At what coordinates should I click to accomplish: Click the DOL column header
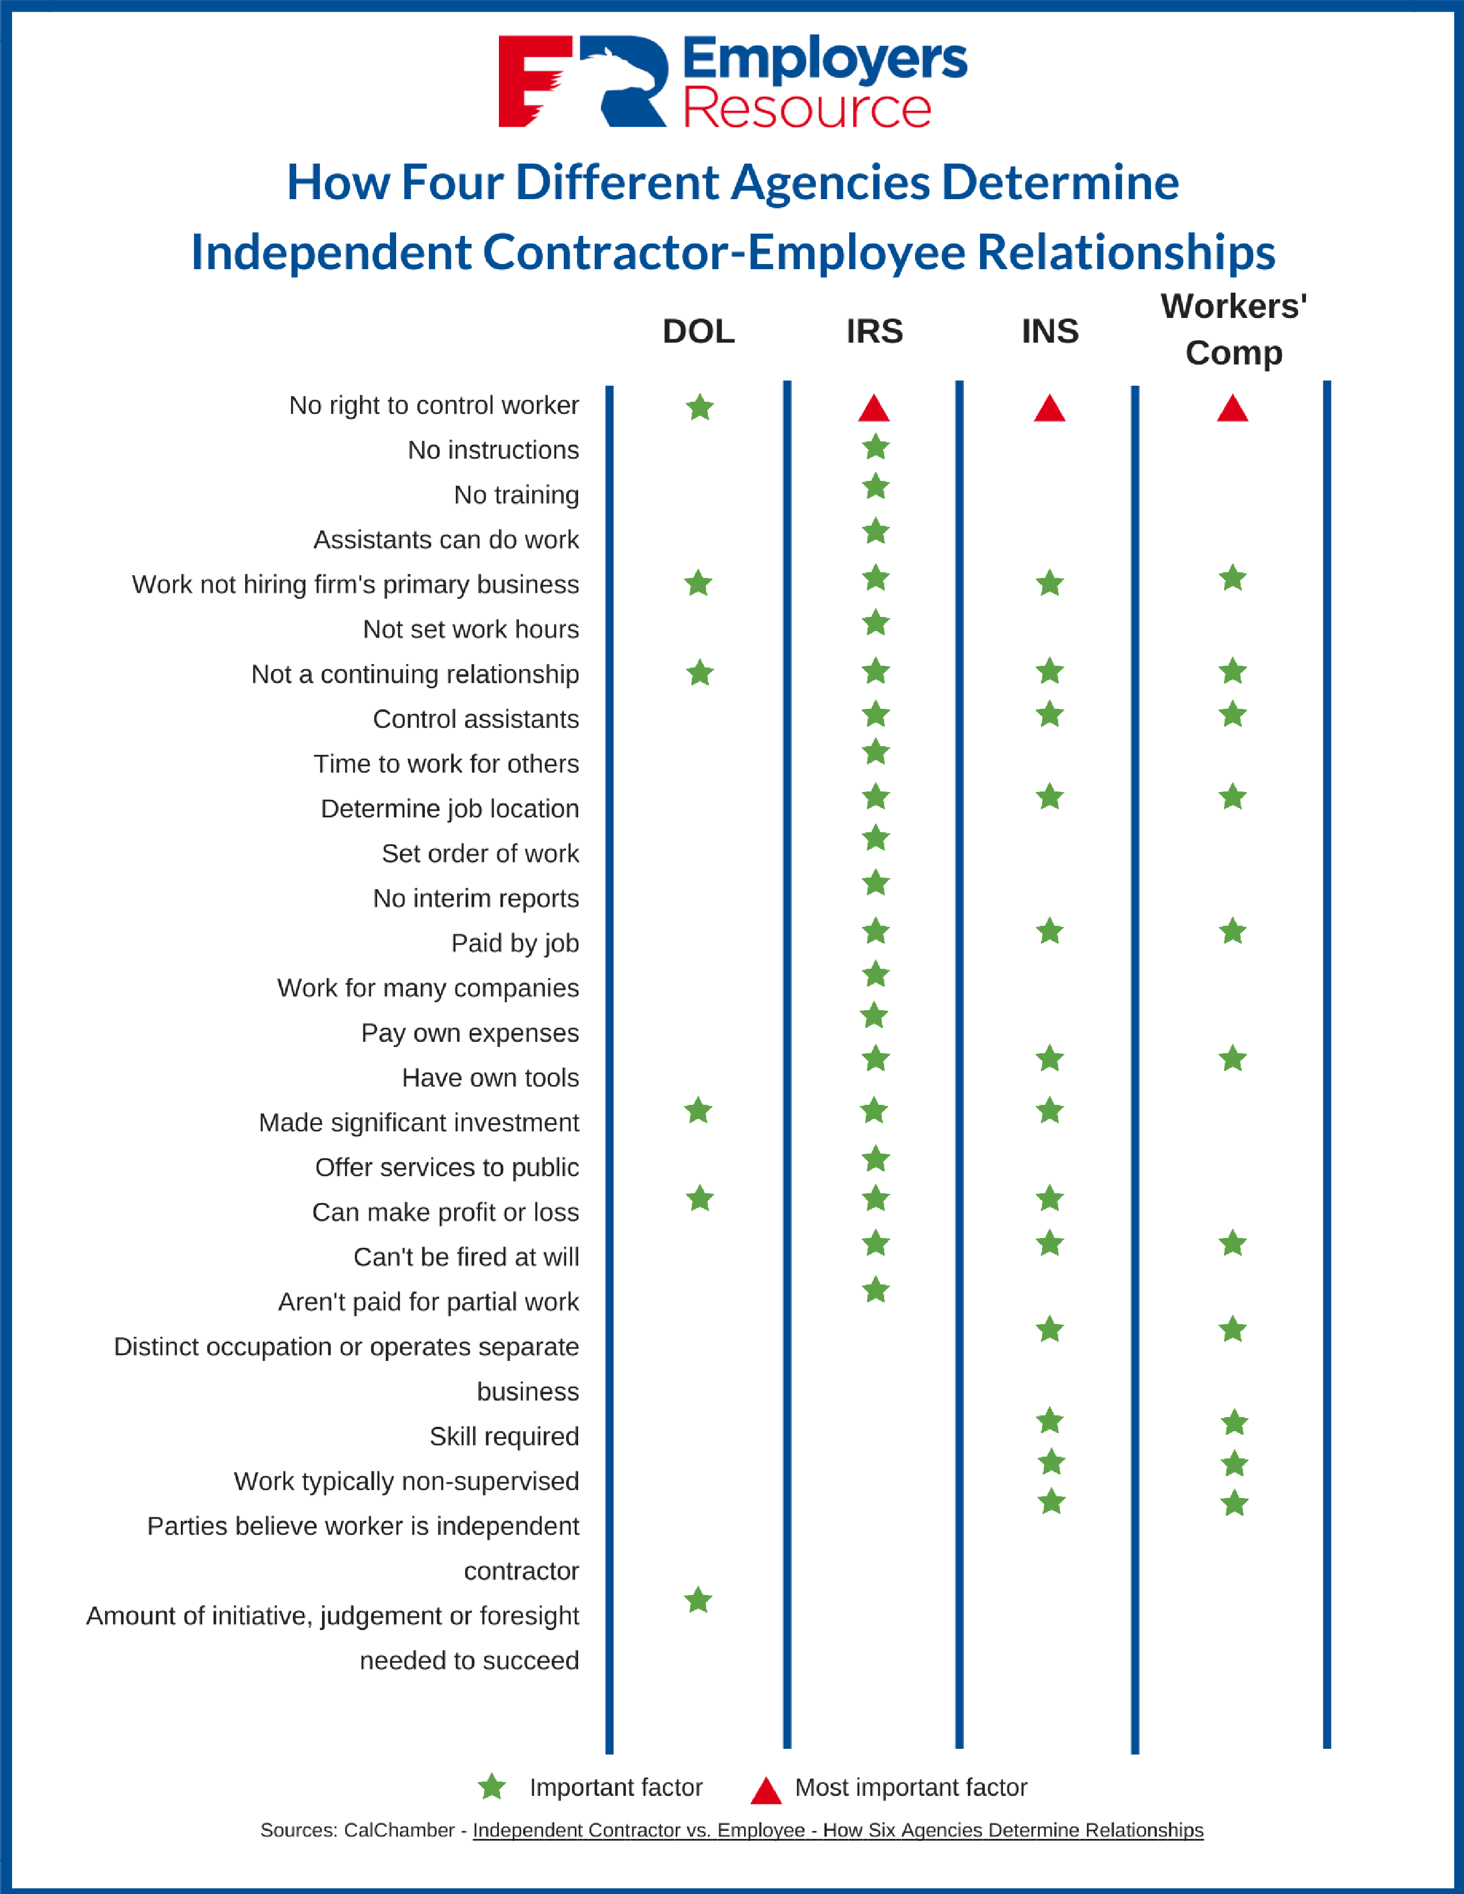(698, 331)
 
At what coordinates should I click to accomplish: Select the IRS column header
(874, 331)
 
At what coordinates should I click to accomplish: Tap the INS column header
(1049, 331)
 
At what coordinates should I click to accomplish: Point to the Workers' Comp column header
(1233, 329)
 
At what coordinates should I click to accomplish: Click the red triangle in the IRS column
(874, 409)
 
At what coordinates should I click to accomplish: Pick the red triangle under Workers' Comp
(1233, 409)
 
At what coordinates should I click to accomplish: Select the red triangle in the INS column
(1049, 409)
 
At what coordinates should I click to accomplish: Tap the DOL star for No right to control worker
(700, 407)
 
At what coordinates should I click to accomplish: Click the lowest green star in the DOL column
(698, 1600)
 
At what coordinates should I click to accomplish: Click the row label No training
(516, 494)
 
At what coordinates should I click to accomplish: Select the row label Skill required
(504, 1436)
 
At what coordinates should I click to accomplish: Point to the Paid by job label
(514, 942)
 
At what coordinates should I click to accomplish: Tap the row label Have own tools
(490, 1077)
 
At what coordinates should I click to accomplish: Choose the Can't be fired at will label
(466, 1256)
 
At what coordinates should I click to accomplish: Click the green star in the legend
(492, 1787)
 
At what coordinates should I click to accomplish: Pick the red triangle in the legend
(766, 1790)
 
